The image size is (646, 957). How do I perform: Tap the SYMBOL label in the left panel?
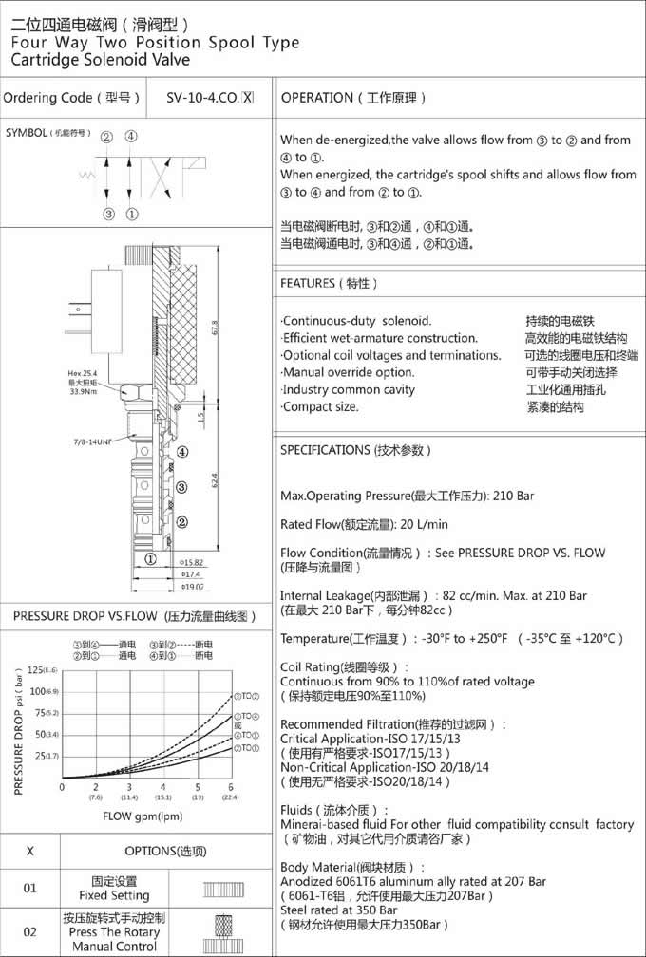click(26, 133)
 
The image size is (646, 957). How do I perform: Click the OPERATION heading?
click(317, 97)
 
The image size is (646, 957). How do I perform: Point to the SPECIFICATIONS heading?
click(323, 449)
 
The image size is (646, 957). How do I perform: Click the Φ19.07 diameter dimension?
click(194, 587)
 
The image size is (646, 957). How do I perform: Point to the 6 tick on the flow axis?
click(231, 787)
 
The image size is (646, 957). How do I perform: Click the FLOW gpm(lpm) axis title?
click(142, 816)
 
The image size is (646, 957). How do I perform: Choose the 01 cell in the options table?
click(30, 888)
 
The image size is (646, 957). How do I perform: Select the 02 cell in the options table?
click(30, 932)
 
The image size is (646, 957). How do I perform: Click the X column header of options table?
click(30, 851)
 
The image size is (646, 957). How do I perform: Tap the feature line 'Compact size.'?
click(320, 406)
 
